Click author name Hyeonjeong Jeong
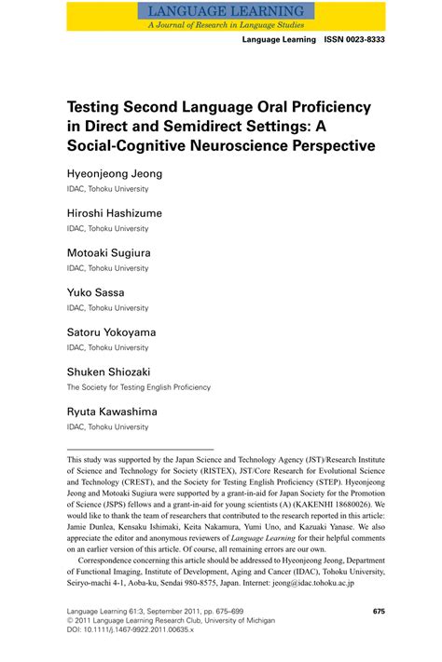(x=115, y=174)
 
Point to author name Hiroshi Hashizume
(x=115, y=213)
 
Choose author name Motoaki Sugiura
(x=108, y=252)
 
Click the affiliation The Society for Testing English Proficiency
(x=138, y=387)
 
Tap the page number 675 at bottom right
(x=379, y=612)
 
